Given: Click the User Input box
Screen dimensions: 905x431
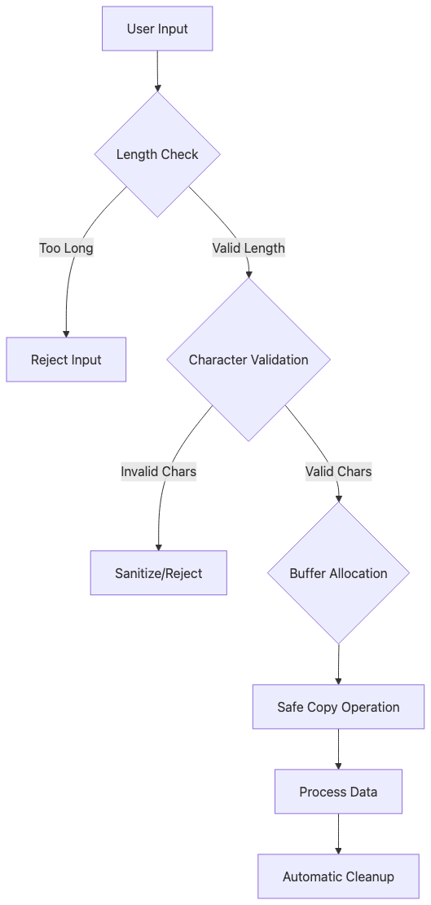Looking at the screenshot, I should click(x=157, y=29).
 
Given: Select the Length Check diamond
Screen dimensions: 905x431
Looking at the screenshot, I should click(x=157, y=154).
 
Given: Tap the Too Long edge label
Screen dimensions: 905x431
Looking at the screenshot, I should click(x=66, y=248).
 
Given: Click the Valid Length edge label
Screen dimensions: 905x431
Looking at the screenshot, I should click(x=248, y=248).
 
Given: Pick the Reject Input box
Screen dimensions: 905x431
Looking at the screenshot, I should click(x=66, y=360).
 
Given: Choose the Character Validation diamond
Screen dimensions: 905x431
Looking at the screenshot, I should click(x=248, y=360).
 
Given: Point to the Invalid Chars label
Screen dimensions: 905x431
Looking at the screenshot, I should click(x=158, y=471).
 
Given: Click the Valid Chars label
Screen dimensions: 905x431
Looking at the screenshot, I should click(x=338, y=471).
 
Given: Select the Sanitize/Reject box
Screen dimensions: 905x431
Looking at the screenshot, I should click(x=158, y=573).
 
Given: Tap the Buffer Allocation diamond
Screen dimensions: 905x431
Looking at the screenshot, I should click(x=338, y=573).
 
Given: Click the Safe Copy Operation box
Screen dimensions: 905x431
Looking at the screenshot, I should click(x=338, y=707).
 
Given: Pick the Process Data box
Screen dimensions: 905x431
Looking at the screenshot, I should click(x=338, y=792).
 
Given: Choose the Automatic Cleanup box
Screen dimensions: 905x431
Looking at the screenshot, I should click(x=338, y=876).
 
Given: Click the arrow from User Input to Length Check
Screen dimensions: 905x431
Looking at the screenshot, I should click(x=157, y=71).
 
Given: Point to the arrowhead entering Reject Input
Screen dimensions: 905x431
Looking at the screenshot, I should click(x=66, y=333).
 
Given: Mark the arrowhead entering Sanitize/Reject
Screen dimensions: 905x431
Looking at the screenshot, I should click(x=158, y=546).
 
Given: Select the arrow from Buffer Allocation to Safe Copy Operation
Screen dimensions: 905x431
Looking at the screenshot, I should click(x=338, y=664).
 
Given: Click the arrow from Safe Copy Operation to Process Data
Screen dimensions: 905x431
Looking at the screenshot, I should click(x=338, y=748).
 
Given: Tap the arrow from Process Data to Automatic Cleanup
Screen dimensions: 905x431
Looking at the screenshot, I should click(x=338, y=833).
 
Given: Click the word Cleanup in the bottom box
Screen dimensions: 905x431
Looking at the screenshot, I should click(x=367, y=876).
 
